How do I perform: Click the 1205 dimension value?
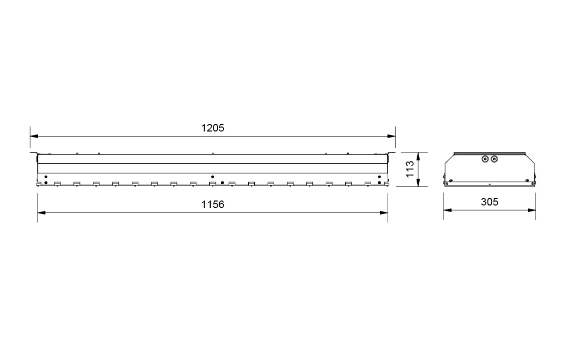coord(213,128)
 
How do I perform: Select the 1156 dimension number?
coord(213,204)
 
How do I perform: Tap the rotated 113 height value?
coord(410,169)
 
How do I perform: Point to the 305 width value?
coord(489,201)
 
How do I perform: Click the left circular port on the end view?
coord(485,159)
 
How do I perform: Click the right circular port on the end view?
coord(494,159)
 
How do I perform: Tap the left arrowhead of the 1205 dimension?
coord(34,136)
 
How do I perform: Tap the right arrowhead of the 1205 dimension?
coord(392,136)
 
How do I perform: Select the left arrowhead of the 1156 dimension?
coord(41,212)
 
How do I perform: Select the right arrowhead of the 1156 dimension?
coord(384,212)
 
